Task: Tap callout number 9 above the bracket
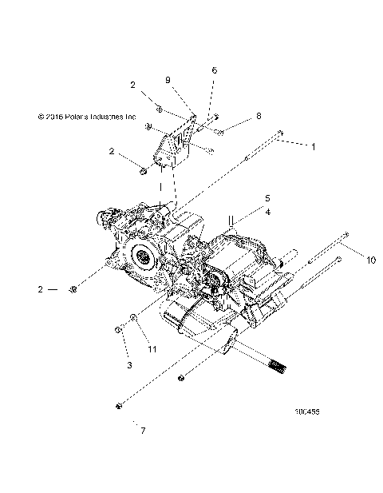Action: pos(168,80)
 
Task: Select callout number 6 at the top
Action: pos(214,70)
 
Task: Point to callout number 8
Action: pos(258,116)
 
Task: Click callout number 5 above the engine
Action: pos(246,197)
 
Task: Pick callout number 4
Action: pos(246,212)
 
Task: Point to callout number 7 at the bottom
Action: pos(144,432)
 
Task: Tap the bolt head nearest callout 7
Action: pos(119,408)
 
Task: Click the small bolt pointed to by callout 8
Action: pos(221,129)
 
